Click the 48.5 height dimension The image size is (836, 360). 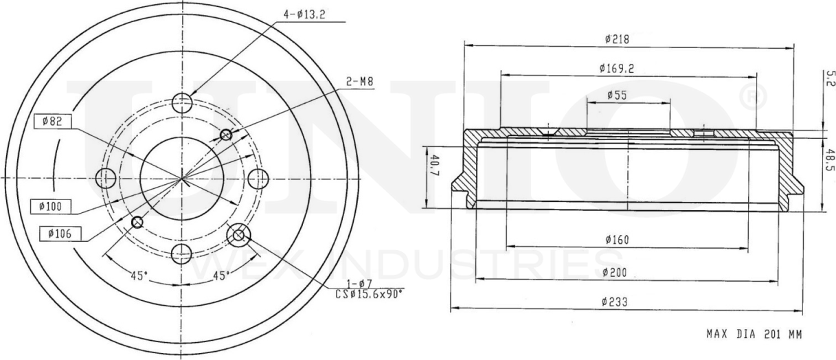[830, 163]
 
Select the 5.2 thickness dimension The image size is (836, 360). [830, 78]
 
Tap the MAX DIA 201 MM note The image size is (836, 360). [753, 335]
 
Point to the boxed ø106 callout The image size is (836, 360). [60, 234]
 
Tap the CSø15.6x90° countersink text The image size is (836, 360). [368, 293]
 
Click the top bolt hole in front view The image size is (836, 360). [182, 104]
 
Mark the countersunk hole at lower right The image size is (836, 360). [238, 236]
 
